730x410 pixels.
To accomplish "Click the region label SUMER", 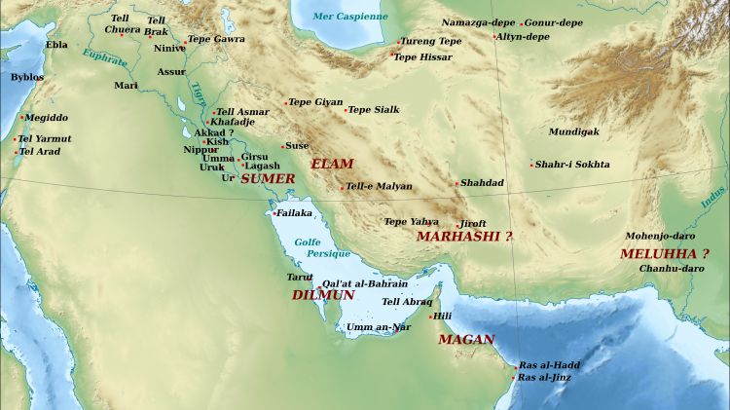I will pos(267,179).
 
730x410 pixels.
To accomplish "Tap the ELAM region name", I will pos(332,165).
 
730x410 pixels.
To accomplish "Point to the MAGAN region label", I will pos(466,340).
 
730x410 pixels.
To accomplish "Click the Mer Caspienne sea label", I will pos(349,17).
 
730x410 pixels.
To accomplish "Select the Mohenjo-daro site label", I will pos(659,237).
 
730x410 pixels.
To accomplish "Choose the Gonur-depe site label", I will pos(554,22).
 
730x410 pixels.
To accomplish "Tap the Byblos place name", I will pos(26,76).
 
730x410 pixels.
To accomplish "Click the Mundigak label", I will pos(573,131).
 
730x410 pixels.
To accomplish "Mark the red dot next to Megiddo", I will pos(21,118).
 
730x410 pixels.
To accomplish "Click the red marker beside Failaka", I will pos(274,213).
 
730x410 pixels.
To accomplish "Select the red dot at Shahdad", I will pos(456,183).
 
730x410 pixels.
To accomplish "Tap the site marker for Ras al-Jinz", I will pos(515,378).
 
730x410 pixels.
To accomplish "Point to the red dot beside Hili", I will pos(430,317).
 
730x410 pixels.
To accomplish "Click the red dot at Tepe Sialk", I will pos(346,110).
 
